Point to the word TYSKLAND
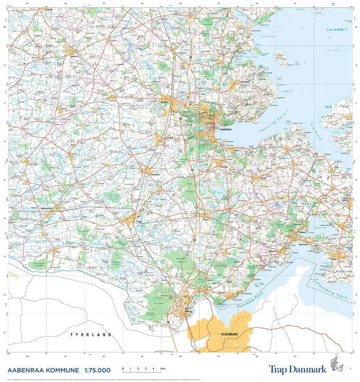[x=91, y=334]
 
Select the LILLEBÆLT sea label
[x=336, y=30]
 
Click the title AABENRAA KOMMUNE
[x=43, y=370]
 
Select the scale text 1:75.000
[x=97, y=370]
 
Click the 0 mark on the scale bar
[x=123, y=369]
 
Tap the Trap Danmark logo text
[x=298, y=369]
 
